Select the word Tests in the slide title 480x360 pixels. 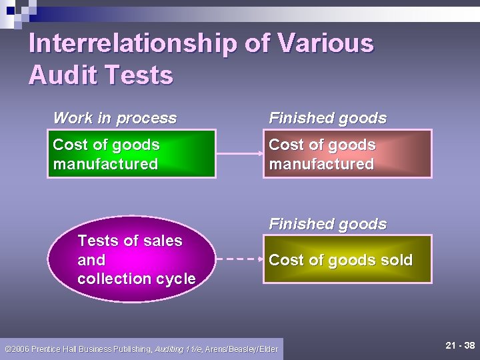point(141,75)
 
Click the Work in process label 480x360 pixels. point(115,119)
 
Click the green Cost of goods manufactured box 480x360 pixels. point(131,154)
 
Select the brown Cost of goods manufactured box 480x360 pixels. point(347,154)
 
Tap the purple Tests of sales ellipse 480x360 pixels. point(136,259)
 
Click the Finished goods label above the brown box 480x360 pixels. point(327,119)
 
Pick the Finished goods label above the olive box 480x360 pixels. point(327,224)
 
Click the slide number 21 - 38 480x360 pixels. point(460,345)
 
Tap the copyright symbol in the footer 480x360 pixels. point(7,349)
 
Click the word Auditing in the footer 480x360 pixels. point(170,349)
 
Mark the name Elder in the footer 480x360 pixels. point(268,349)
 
